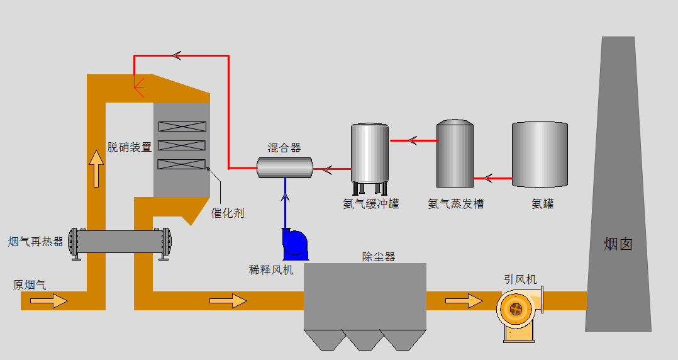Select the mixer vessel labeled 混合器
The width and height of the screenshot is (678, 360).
285,168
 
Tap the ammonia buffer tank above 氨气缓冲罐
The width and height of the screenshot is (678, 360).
370,156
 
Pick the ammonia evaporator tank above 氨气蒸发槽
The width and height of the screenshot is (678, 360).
455,154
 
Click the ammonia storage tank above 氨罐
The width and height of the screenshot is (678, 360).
540,154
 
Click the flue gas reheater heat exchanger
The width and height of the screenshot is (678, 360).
120,241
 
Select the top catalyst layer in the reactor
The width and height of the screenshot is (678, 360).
182,126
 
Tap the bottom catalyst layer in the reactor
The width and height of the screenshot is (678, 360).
182,165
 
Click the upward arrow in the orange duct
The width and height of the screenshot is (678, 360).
96,169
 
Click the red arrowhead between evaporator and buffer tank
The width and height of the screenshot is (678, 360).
413,140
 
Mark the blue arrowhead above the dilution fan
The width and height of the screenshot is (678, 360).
285,198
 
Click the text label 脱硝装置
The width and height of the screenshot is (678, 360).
130,147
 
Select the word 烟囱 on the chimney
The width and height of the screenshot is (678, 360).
618,244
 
